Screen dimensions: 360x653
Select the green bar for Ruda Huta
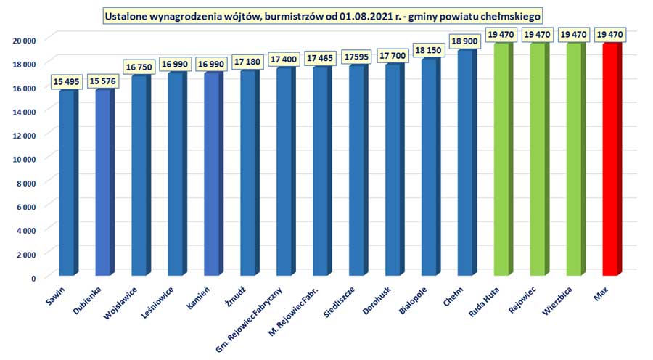[501, 160]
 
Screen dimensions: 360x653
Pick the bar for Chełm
[464, 164]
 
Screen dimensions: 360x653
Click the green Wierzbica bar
[573, 160]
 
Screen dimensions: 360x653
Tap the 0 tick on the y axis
[33, 278]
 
